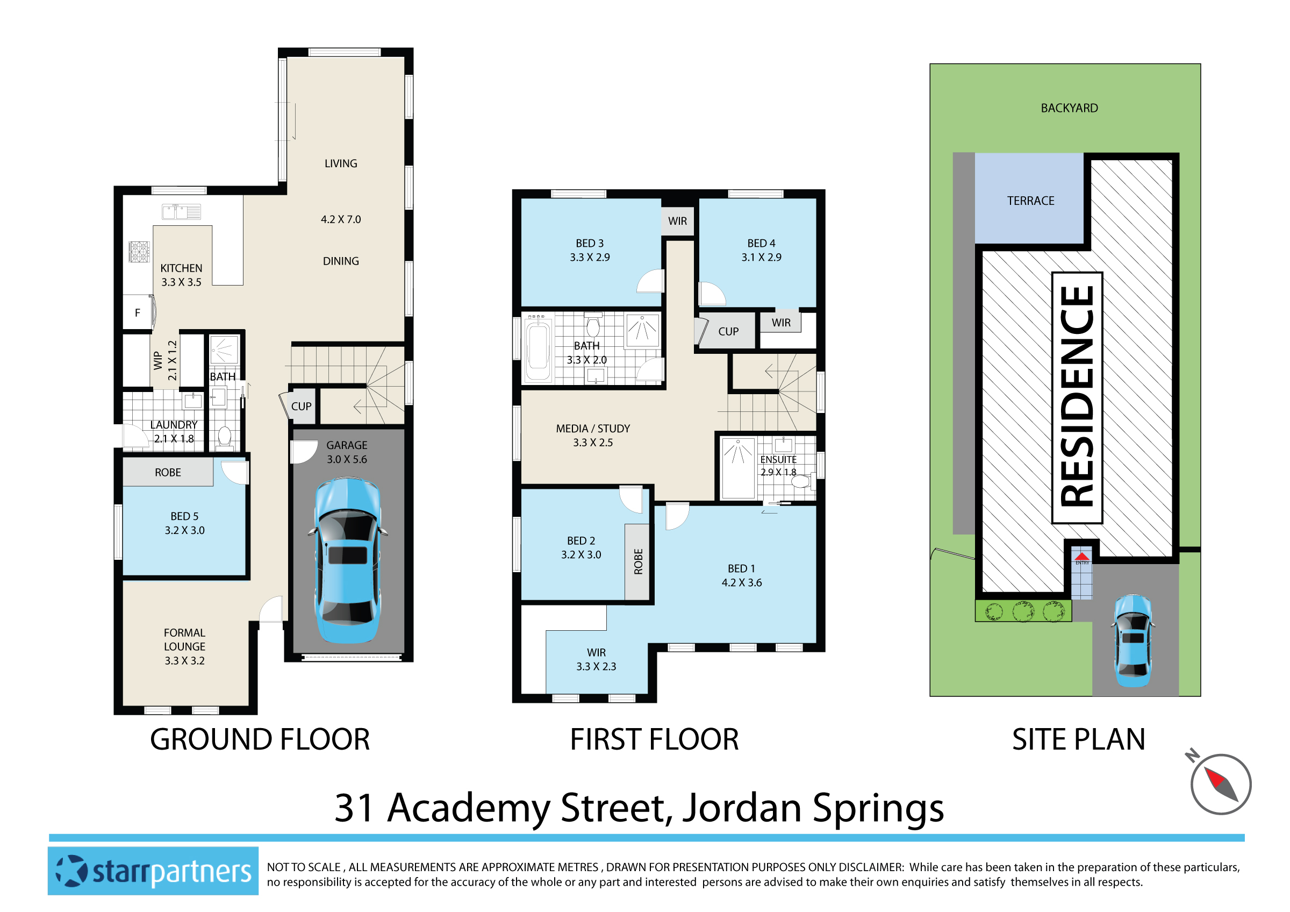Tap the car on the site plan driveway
1133,641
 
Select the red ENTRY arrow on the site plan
1082,557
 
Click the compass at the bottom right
1220,785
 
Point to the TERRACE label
1030,201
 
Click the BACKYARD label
1069,109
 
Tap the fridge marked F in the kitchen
138,313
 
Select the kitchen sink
181,212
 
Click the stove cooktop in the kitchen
139,251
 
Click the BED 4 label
761,243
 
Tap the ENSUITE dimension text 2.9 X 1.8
778,473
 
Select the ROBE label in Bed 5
168,473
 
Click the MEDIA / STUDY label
593,429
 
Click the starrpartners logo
153,871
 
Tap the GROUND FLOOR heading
260,739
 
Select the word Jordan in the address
742,808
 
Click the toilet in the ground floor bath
224,437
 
